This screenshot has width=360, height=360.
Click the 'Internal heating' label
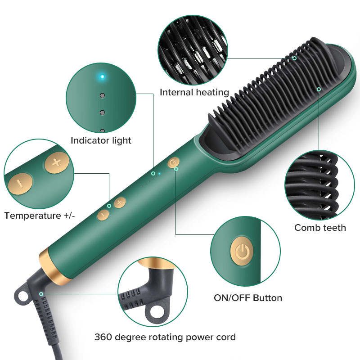coord(194,93)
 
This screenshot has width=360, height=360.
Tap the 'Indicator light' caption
coord(101,140)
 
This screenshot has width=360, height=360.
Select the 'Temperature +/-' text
coord(40,216)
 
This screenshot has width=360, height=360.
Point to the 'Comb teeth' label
coord(320,228)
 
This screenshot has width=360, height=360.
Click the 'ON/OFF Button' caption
coord(248,298)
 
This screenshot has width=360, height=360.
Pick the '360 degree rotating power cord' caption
coord(165,337)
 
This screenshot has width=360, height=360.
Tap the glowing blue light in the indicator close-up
coord(103,76)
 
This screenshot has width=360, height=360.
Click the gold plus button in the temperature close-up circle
coord(57,163)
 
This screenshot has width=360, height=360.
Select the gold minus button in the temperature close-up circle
coord(20,184)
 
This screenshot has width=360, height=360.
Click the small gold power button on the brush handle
coord(173,162)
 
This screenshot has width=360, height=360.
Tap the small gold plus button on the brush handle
coord(120,202)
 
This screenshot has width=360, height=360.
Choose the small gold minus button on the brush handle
coord(103,215)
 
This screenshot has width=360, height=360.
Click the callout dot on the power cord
coord(41,294)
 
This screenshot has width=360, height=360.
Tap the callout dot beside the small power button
coord(176,169)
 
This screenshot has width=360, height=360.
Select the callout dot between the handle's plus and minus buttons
coord(109,206)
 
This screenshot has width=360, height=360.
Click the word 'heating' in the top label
coord(212,93)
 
